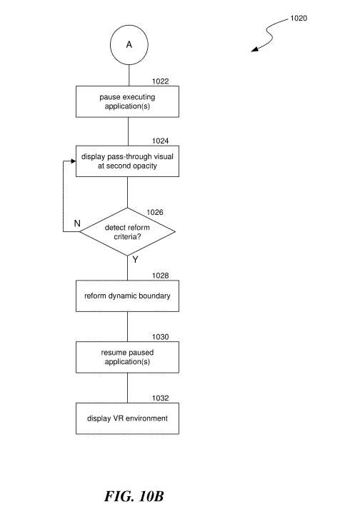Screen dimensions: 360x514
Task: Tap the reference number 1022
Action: pyautogui.click(x=160, y=81)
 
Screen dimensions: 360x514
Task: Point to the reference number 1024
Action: pyautogui.click(x=160, y=141)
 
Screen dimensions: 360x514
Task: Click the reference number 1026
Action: pyautogui.click(x=155, y=213)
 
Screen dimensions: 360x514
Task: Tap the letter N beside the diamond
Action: pyautogui.click(x=77, y=223)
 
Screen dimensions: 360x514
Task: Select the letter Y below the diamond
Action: pyautogui.click(x=135, y=260)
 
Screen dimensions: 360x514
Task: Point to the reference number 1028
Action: pyautogui.click(x=160, y=276)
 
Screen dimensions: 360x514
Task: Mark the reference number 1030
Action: pyautogui.click(x=160, y=337)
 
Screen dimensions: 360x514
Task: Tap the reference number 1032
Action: pyautogui.click(x=160, y=398)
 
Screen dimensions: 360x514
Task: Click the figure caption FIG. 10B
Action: pyautogui.click(x=134, y=496)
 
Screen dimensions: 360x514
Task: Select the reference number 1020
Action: pyautogui.click(x=299, y=19)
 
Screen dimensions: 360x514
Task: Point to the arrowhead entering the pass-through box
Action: pyautogui.click(x=74, y=161)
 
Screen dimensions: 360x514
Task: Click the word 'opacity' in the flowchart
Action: pyautogui.click(x=145, y=166)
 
